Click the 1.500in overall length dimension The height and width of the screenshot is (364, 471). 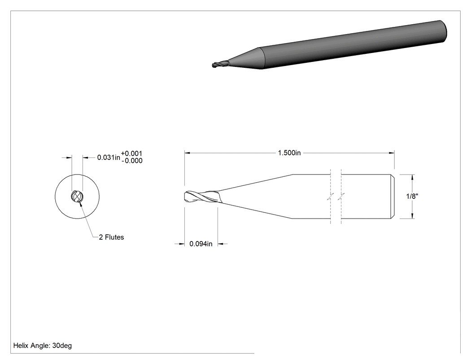click(289, 153)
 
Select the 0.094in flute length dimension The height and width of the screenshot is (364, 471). click(201, 244)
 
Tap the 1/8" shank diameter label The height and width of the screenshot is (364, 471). click(412, 196)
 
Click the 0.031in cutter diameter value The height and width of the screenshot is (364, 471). click(109, 157)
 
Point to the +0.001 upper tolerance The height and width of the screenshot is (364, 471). click(131, 153)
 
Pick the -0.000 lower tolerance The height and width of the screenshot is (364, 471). click(132, 161)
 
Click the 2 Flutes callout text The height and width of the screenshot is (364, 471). click(111, 237)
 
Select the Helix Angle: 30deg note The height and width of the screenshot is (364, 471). click(42, 346)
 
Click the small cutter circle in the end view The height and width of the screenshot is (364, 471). click(77, 197)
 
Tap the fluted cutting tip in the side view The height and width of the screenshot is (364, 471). click(203, 197)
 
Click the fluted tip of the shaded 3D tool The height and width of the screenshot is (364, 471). click(220, 64)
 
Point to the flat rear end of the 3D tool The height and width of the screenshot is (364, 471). click(444, 31)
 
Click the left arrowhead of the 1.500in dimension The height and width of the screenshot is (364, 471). click(188, 153)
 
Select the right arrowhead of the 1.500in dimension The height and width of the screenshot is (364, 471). click(392, 153)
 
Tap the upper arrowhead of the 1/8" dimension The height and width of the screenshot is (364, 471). click(412, 177)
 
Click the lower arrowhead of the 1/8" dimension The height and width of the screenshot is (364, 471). click(412, 215)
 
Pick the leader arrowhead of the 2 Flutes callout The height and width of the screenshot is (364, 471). click(80, 204)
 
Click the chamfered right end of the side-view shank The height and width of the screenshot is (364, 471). click(392, 196)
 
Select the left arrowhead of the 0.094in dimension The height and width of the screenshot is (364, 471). click(182, 244)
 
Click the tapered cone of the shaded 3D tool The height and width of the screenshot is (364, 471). click(245, 59)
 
